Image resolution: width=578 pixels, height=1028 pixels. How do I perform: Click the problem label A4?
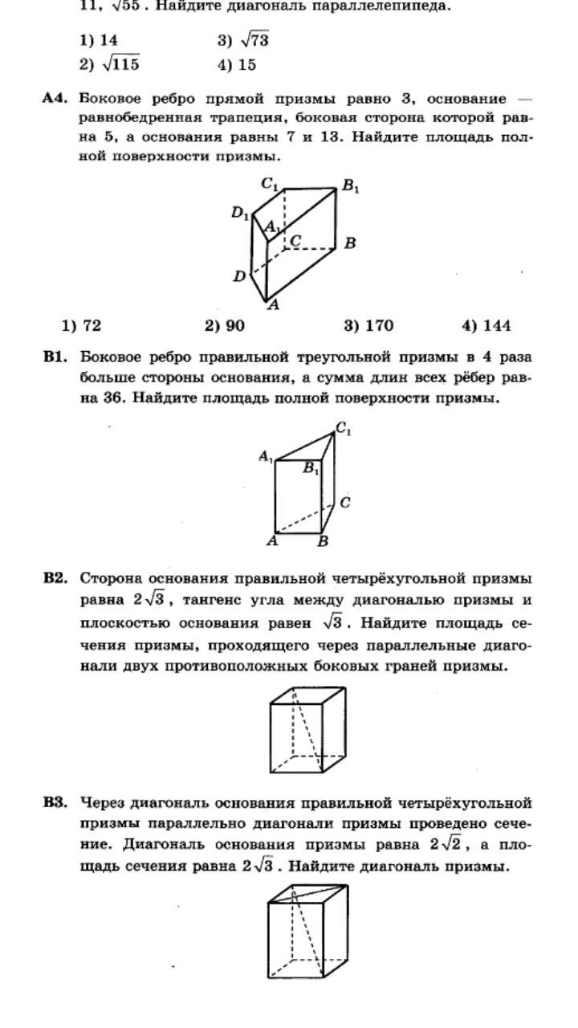coord(54,98)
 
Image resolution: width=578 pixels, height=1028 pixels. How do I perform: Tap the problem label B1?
coord(55,357)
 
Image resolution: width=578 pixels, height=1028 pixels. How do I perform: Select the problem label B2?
coord(55,578)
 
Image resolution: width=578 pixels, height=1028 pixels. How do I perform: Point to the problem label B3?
coord(55,802)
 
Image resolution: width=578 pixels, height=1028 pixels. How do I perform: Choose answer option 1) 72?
coord(81,325)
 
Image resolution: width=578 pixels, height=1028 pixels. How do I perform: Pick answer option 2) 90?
coord(225,325)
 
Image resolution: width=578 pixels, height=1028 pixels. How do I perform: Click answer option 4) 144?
coord(486,325)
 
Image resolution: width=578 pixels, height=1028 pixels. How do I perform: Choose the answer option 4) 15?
coord(237,64)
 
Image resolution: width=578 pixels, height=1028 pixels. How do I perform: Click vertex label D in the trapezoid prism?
coord(239,276)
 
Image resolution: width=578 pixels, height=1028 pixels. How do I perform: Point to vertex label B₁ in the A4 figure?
coord(350,187)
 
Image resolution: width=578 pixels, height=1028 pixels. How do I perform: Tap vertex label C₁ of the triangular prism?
coord(344,430)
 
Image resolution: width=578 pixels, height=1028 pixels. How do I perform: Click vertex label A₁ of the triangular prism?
coord(266,457)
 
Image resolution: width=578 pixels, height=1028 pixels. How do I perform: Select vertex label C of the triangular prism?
coord(344,503)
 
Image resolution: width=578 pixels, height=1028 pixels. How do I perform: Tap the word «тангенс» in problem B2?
coord(217,601)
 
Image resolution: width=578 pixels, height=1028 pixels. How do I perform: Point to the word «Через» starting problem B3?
coord(103,802)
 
